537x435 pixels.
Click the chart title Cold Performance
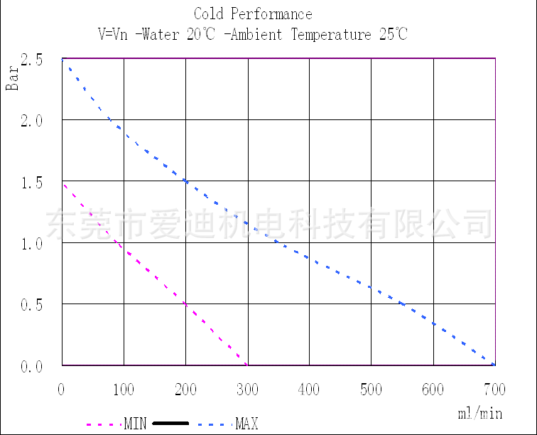253,14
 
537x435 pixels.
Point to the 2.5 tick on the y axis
31,60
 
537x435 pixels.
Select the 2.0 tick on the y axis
31,121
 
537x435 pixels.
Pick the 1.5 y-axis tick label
31,183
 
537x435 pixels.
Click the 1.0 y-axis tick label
31,244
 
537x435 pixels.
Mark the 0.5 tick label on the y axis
31,305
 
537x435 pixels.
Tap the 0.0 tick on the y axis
31,367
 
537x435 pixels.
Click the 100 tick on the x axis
124,389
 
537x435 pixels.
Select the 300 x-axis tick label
247,389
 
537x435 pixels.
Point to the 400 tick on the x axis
309,389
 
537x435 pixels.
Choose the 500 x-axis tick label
371,389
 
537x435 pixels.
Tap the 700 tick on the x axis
494,389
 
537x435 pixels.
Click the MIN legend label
135,424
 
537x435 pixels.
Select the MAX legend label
246,424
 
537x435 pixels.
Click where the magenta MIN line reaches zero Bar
247,365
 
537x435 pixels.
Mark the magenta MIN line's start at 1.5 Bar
63,184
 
